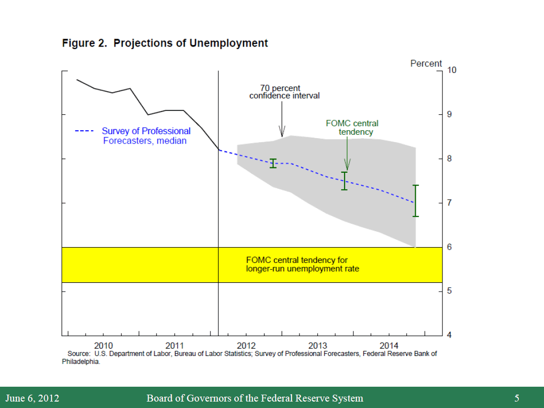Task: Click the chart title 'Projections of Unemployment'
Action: coord(191,43)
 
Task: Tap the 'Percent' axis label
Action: coord(426,63)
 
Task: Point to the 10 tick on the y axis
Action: coord(452,70)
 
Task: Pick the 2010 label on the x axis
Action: coord(103,345)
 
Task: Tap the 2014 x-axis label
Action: coord(389,345)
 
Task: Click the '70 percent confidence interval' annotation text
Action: coord(284,92)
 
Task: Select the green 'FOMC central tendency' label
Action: coord(352,128)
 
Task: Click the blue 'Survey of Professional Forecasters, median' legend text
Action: coord(146,136)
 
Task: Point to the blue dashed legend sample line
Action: coord(84,131)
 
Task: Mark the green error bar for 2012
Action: coord(273,163)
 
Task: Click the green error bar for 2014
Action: coord(416,201)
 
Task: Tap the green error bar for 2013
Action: coord(345,181)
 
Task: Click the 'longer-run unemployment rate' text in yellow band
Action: coord(302,269)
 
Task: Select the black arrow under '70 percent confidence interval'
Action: coord(282,119)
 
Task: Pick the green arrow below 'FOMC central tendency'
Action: coord(347,153)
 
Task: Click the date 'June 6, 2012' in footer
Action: coord(32,398)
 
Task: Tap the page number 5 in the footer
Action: coord(517,398)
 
